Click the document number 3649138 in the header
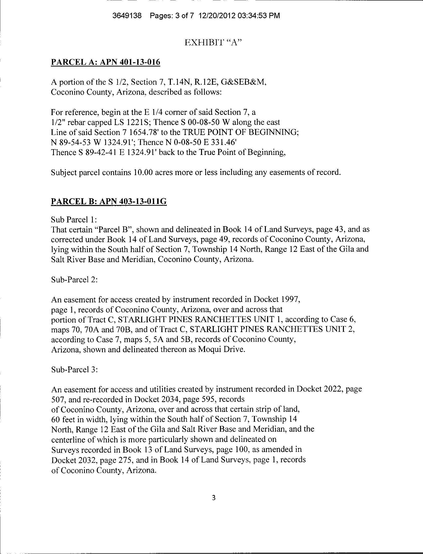coord(127,16)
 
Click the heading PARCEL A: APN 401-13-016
coord(106,62)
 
